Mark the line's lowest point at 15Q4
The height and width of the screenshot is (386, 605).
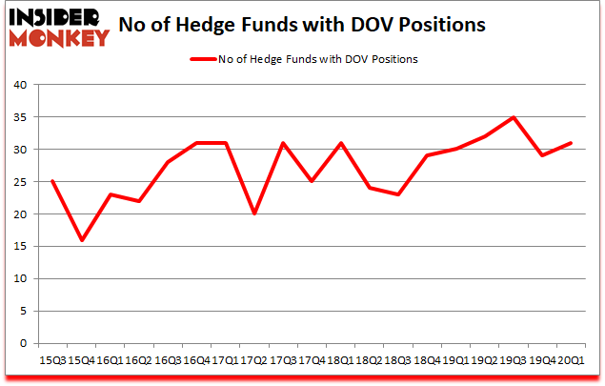click(x=82, y=240)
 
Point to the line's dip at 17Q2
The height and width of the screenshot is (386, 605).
click(x=254, y=214)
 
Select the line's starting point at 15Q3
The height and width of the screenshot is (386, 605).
click(x=52, y=182)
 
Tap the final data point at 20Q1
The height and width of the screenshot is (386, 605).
click(x=572, y=143)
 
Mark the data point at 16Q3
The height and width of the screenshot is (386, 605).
click(x=168, y=162)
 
